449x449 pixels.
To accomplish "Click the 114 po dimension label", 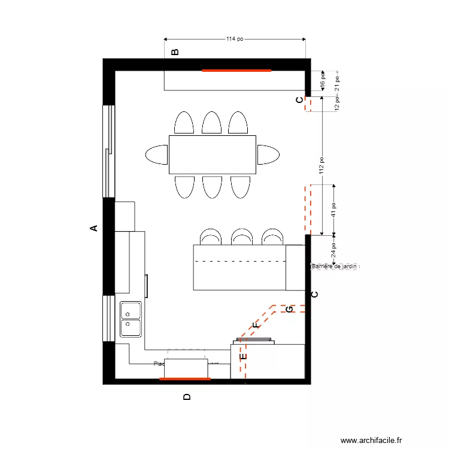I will pyautogui.click(x=235, y=39).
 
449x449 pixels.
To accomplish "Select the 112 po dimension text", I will pyautogui.click(x=321, y=166).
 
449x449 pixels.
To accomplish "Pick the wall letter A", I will pyautogui.click(x=93, y=228).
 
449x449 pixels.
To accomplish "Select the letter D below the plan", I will pyautogui.click(x=187, y=396).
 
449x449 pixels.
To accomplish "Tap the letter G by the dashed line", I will pyautogui.click(x=289, y=309).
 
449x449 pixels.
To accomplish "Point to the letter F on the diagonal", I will pyautogui.click(x=256, y=326).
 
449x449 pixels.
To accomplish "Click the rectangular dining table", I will pyautogui.click(x=213, y=154).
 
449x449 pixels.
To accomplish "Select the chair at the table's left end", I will pyautogui.click(x=156, y=154).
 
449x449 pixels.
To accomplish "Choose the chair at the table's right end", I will pyautogui.click(x=268, y=154).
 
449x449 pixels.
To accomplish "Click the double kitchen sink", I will pyautogui.click(x=131, y=319).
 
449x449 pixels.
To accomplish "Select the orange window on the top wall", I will pyautogui.click(x=236, y=70).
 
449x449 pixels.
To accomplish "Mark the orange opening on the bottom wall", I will pyautogui.click(x=185, y=378).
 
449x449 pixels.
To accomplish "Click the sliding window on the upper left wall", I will pyautogui.click(x=108, y=151).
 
